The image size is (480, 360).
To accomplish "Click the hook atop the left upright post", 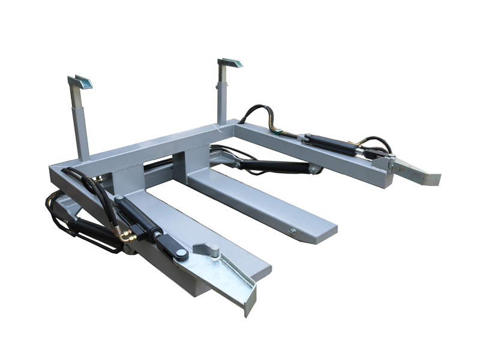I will coord(80,82).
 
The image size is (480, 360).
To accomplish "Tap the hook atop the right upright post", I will coord(229,62).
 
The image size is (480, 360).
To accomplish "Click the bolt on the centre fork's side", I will coord(293,230).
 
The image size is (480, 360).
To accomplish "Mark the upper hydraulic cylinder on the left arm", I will coord(134,212).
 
